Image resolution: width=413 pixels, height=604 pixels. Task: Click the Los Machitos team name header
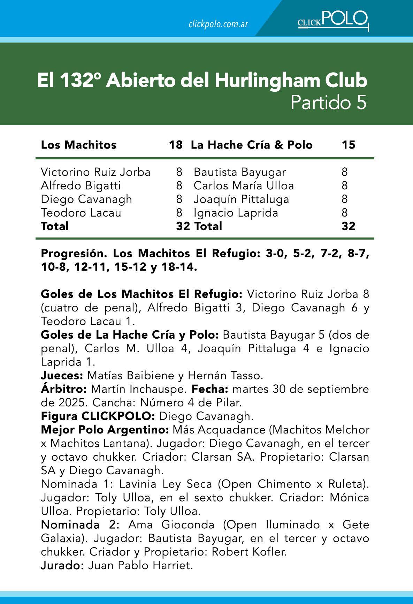click(x=79, y=145)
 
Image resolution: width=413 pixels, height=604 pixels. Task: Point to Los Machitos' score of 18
click(x=175, y=145)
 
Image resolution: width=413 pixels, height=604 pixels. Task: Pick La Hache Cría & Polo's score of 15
click(x=348, y=145)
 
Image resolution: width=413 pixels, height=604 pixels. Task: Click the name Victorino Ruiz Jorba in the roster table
click(x=95, y=172)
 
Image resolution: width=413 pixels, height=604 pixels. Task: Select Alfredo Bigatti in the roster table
click(x=81, y=186)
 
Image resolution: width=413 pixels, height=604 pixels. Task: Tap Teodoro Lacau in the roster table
click(x=81, y=213)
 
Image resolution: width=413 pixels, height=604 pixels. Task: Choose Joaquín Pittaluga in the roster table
click(x=241, y=199)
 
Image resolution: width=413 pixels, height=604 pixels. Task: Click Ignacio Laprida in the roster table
click(x=236, y=213)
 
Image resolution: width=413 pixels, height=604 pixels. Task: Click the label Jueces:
click(x=62, y=376)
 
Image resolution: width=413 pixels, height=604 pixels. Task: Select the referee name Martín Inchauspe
click(x=140, y=389)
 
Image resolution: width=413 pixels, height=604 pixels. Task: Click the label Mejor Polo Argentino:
click(x=105, y=430)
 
